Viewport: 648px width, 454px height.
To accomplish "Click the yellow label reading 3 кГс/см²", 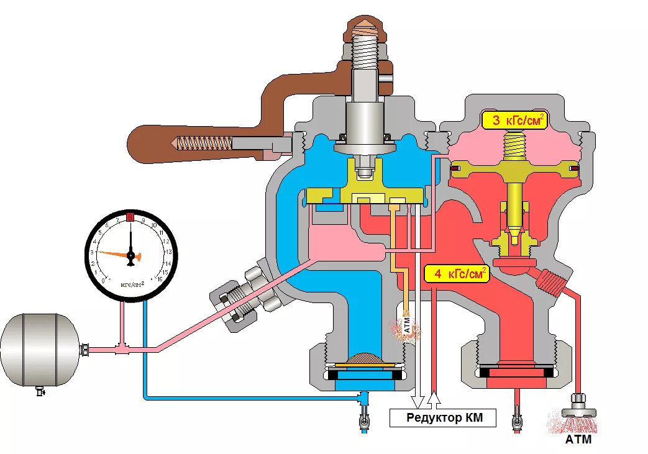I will click(514, 120).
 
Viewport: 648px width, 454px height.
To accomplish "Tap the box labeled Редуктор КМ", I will click(444, 418).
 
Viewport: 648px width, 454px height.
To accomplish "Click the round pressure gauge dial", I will click(131, 255).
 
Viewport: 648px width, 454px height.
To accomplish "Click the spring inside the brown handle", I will click(204, 143).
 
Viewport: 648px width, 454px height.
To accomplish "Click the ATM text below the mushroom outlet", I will click(578, 440).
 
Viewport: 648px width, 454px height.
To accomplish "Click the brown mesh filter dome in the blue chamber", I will click(367, 359).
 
